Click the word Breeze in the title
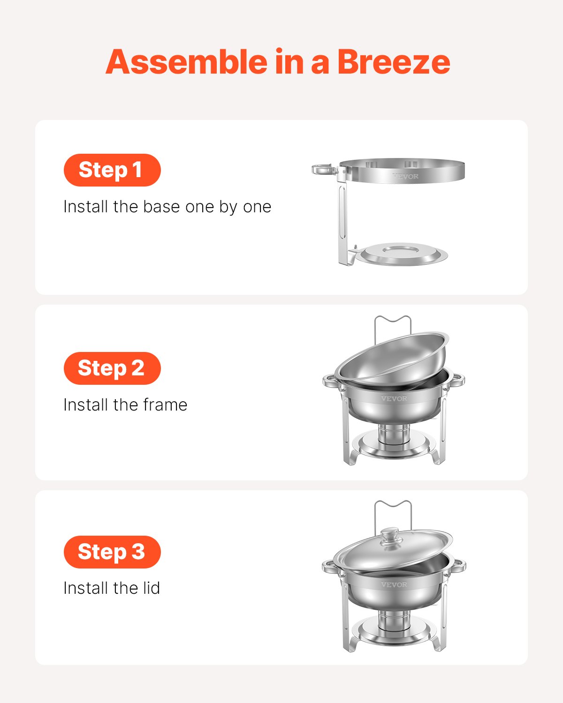[393, 62]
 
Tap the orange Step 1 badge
[112, 170]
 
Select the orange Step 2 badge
[112, 368]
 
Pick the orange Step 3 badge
[112, 552]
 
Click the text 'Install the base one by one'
[167, 207]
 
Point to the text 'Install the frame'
[125, 405]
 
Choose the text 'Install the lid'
[112, 588]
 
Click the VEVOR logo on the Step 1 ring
[405, 176]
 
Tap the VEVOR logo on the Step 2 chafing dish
[394, 398]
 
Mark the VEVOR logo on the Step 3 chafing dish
[394, 584]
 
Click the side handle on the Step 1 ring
[324, 169]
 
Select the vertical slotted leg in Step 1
[342, 220]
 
